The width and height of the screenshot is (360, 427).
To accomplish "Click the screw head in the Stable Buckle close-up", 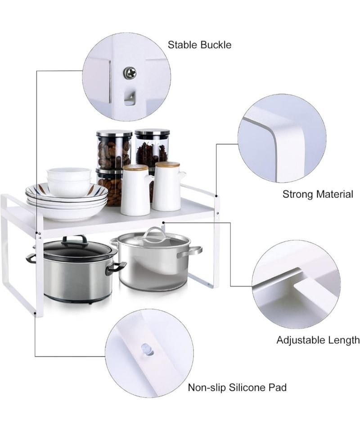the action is pyautogui.click(x=130, y=73).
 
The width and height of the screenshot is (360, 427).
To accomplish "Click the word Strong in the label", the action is pyautogui.click(x=298, y=195).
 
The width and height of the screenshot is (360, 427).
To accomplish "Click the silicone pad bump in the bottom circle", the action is pyautogui.click(x=147, y=350).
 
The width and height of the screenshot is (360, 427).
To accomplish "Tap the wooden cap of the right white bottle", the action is pyautogui.click(x=167, y=165).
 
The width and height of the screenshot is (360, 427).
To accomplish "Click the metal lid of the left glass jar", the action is pyautogui.click(x=114, y=134).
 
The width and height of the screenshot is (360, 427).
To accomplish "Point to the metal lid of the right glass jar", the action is pyautogui.click(x=153, y=132).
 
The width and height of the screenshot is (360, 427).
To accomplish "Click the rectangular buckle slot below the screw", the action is pyautogui.click(x=129, y=98).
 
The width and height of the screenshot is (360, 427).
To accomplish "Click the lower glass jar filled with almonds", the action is pyautogui.click(x=110, y=188).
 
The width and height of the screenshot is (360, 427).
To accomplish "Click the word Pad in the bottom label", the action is pyautogui.click(x=278, y=387).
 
